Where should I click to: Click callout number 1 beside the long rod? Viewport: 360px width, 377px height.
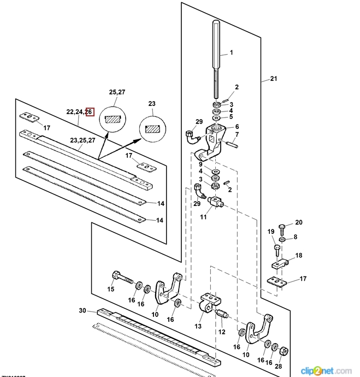click(x=231, y=53)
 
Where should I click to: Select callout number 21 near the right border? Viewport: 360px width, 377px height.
click(x=274, y=79)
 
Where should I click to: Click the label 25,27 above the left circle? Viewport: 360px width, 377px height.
click(x=117, y=92)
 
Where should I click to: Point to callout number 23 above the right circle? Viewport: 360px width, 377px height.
click(x=152, y=103)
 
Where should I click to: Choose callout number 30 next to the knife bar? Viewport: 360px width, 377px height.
click(x=82, y=310)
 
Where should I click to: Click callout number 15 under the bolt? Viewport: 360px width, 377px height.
click(x=110, y=289)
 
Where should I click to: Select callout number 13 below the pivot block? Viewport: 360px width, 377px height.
click(x=198, y=326)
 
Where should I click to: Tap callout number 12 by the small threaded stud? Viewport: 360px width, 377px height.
click(x=222, y=332)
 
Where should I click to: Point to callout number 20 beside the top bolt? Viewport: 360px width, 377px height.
click(x=298, y=222)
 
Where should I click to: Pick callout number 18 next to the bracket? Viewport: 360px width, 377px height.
click(x=298, y=256)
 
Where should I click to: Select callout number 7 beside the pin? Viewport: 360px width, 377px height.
click(x=237, y=134)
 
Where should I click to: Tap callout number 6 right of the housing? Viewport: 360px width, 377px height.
click(x=237, y=126)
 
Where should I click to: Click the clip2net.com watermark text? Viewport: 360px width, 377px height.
click(x=329, y=369)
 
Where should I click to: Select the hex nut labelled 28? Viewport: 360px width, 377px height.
click(x=284, y=350)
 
